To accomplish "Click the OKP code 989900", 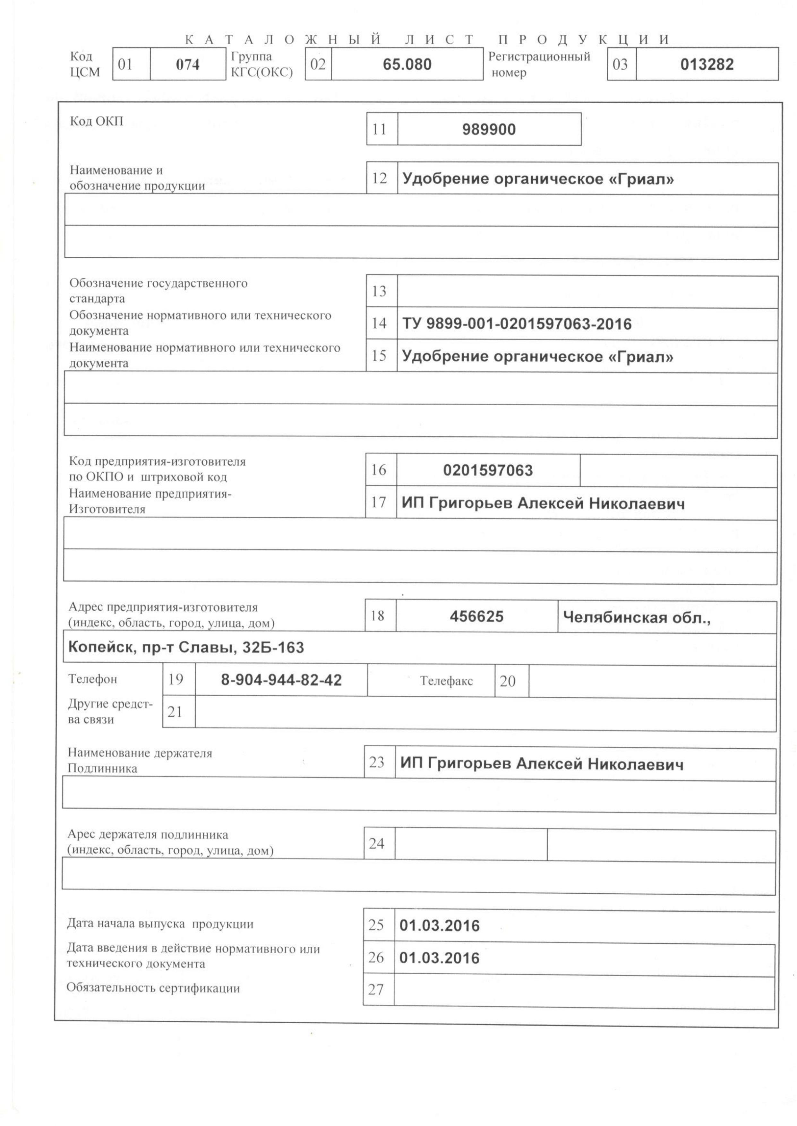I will click(489, 130).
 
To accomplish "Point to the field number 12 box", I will click(379, 178).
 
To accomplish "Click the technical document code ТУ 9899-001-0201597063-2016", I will click(517, 324).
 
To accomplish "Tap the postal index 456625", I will click(476, 616).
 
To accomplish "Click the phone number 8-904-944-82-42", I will click(281, 680).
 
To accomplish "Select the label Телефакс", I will click(446, 681).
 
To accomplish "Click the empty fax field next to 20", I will click(652, 681).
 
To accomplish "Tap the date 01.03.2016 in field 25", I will click(439, 926).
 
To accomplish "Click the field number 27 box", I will click(375, 990).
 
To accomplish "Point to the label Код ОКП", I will click(96, 121).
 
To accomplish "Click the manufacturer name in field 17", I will click(543, 503).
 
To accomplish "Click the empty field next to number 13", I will click(587, 292).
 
